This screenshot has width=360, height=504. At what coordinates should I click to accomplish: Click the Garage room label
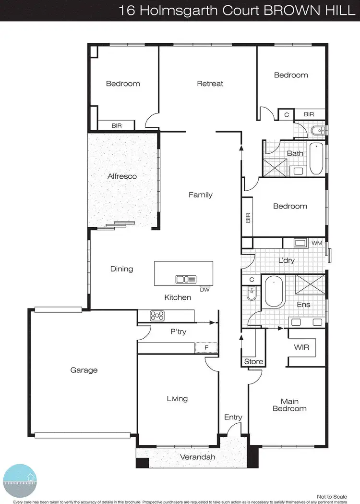84,370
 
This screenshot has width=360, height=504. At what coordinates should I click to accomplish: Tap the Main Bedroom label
289,405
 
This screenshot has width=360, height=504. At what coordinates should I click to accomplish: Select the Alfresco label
122,176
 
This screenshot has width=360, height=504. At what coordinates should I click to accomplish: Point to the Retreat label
210,84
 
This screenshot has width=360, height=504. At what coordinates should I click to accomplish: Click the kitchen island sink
185,279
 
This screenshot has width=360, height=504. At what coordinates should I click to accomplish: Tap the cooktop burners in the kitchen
157,316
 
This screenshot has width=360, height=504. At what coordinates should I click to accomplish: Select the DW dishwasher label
204,289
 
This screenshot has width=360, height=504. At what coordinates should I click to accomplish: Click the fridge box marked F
206,347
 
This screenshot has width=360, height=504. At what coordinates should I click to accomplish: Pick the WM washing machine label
317,244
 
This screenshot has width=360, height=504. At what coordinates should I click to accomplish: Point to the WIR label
301,347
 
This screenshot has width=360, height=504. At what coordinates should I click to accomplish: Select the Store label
253,361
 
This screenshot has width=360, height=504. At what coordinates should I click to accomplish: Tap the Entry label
233,417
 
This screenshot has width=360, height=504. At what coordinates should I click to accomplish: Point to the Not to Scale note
332,496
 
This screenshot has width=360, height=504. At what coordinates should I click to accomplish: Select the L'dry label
287,260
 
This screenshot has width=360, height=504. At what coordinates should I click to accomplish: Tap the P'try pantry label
179,332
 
